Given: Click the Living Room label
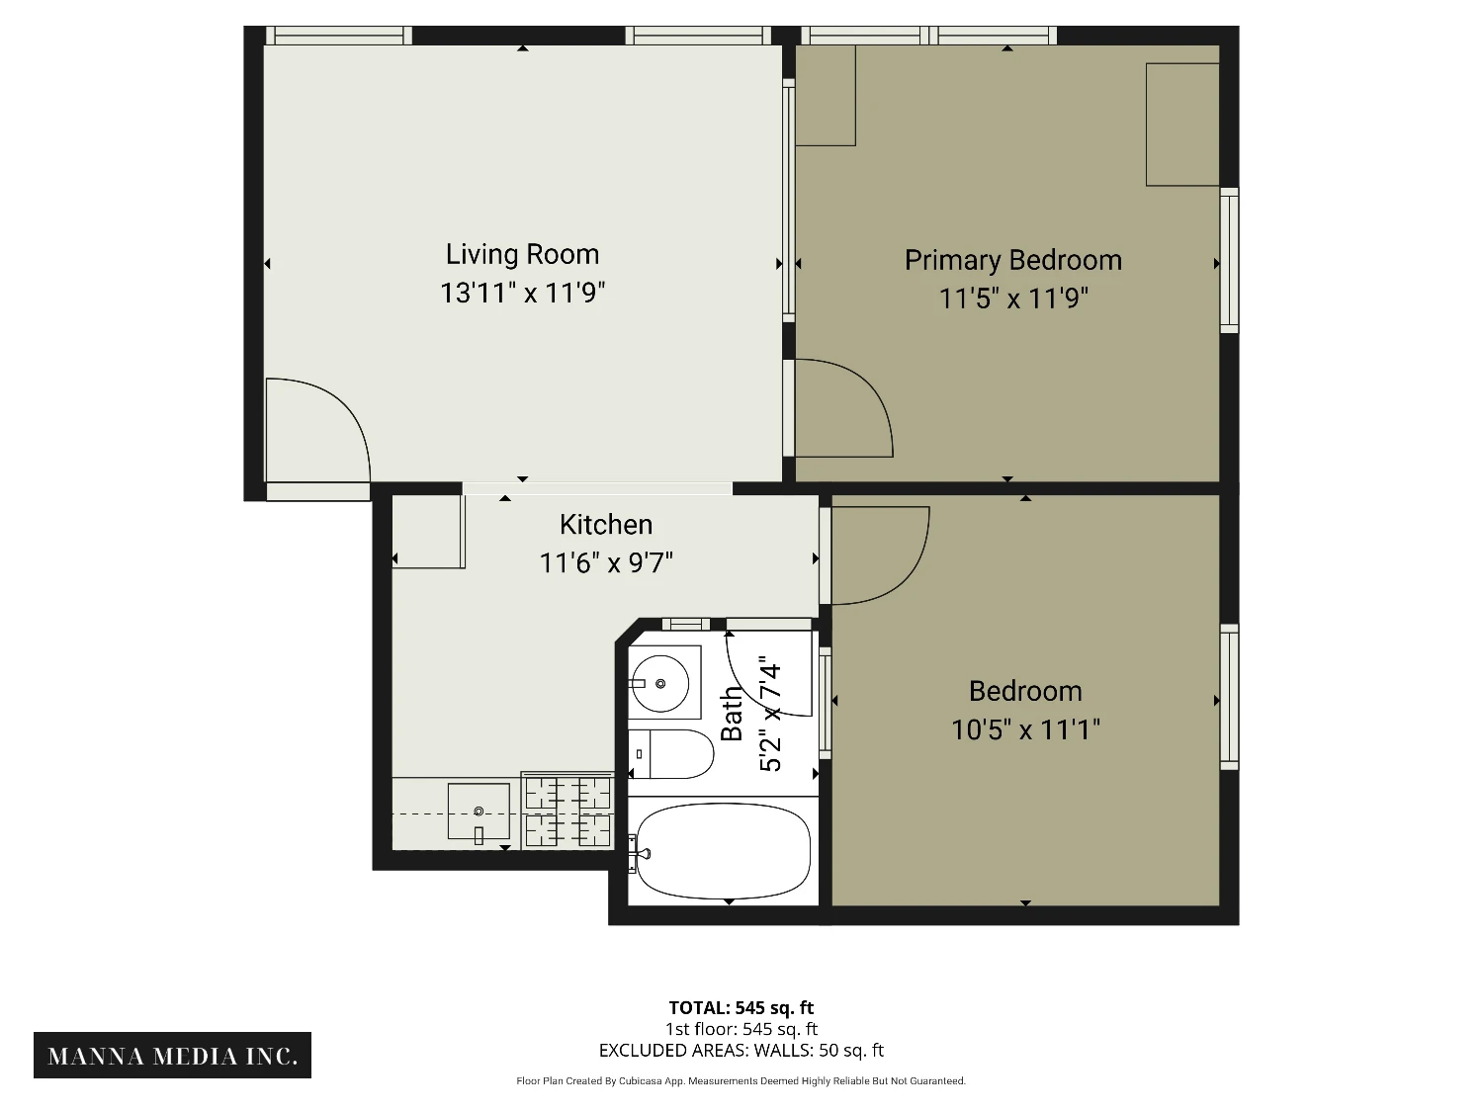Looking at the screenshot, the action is (x=522, y=255).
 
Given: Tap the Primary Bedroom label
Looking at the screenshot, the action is (x=1012, y=260).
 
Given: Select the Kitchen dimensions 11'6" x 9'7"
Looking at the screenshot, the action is (x=606, y=562).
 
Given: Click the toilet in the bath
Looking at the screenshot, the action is (x=671, y=754).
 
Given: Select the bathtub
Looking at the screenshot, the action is (x=723, y=851).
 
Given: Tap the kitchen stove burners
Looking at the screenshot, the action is (x=567, y=811).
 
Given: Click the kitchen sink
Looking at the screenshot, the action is (x=479, y=812).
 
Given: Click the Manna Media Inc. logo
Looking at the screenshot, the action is (x=172, y=1056).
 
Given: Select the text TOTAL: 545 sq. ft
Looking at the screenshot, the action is (x=741, y=1008).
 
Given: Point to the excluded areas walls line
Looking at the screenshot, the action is (x=741, y=1051).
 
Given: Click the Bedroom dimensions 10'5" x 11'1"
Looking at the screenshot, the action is (x=1025, y=729).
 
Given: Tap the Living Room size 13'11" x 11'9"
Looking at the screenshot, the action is (x=522, y=293).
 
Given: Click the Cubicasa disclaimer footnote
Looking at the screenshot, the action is (x=741, y=1081).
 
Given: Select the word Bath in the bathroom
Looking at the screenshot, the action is (x=733, y=715).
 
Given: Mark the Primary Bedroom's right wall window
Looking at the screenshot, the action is (x=1229, y=261).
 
